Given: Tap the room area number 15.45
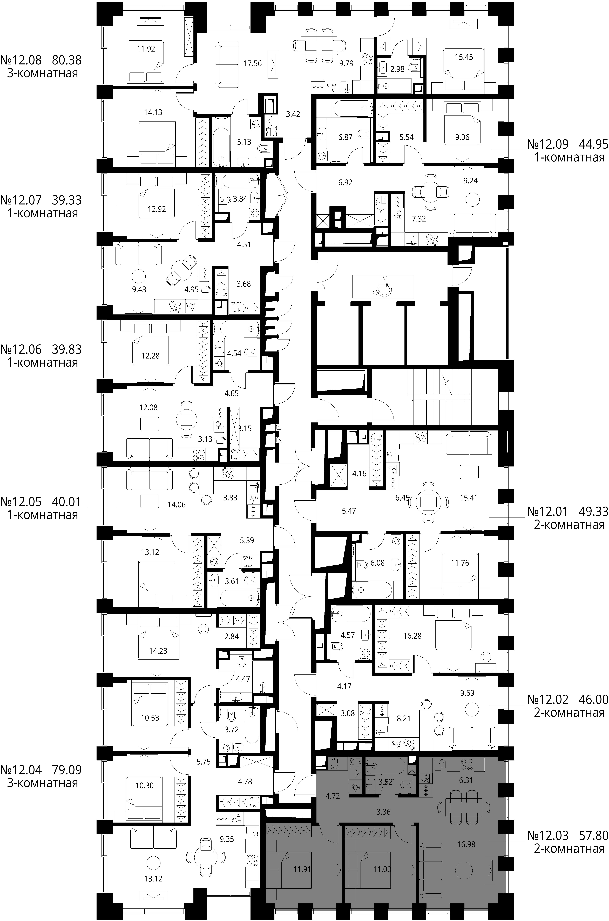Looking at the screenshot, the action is [x=464, y=57].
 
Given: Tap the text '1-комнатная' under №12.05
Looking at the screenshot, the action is [x=43, y=515].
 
